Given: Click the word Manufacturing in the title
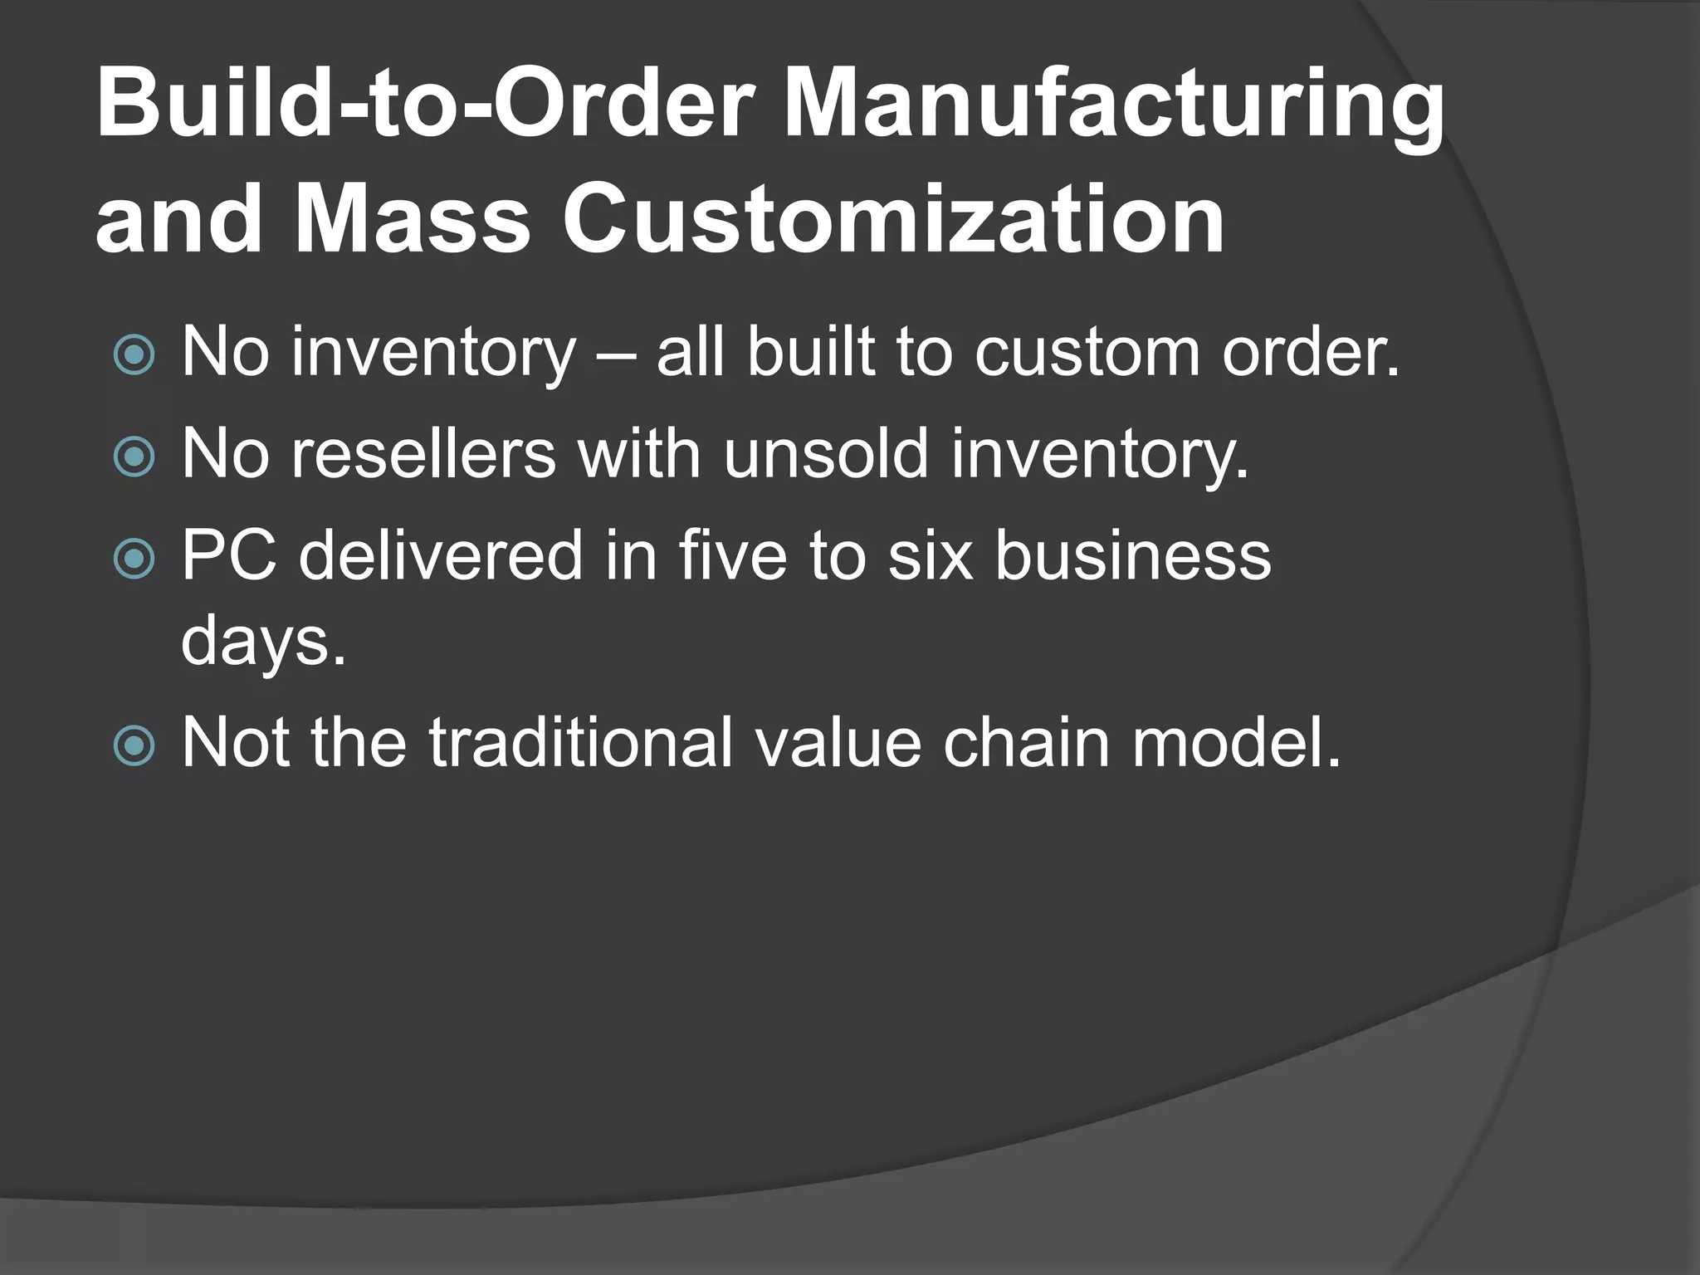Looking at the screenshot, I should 1114,106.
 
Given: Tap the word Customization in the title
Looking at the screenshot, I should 893,219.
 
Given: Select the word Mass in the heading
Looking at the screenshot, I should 412,219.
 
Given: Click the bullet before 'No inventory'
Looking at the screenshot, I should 134,355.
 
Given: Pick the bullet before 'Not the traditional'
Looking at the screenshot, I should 134,745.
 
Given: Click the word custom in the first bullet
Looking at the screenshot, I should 1087,352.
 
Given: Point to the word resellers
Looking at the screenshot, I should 423,454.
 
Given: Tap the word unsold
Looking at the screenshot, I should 826,454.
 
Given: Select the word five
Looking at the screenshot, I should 732,555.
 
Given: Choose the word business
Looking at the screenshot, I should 1132,555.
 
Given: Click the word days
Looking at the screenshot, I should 262,642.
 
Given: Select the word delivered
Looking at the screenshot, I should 441,555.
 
